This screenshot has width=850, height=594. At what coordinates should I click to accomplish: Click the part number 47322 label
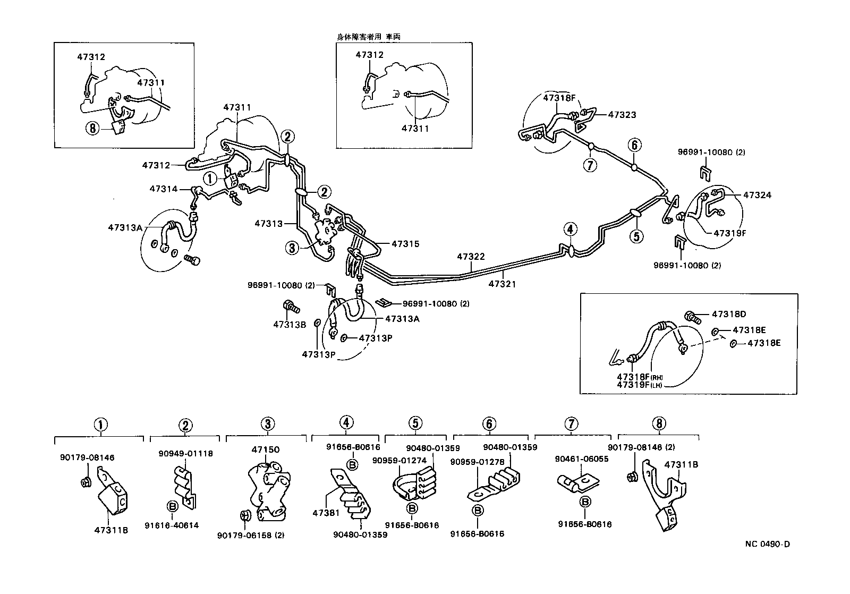coord(471,257)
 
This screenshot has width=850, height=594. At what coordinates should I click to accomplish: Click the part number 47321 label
coord(502,284)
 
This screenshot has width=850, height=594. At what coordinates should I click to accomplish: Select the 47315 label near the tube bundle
coord(405,244)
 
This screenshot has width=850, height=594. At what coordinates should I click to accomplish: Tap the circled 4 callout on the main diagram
coord(569,230)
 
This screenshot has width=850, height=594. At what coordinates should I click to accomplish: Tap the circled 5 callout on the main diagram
coord(636,235)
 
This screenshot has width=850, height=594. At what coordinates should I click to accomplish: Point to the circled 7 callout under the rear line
coord(590,165)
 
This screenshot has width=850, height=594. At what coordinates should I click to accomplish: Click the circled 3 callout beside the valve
coord(292,247)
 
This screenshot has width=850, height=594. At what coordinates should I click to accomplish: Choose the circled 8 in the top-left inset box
coord(92,129)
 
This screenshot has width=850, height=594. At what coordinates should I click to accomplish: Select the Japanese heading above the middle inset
coord(368,37)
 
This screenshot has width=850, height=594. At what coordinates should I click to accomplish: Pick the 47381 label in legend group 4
coord(326,513)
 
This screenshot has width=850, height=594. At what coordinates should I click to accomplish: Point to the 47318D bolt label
coord(728,314)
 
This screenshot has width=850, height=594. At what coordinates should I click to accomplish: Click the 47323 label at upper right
coord(622,114)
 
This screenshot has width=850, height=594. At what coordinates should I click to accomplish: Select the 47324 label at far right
coord(757,195)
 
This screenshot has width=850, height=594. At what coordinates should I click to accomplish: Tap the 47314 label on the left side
coord(164,189)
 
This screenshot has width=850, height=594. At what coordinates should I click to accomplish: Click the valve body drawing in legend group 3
coord(269,489)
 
